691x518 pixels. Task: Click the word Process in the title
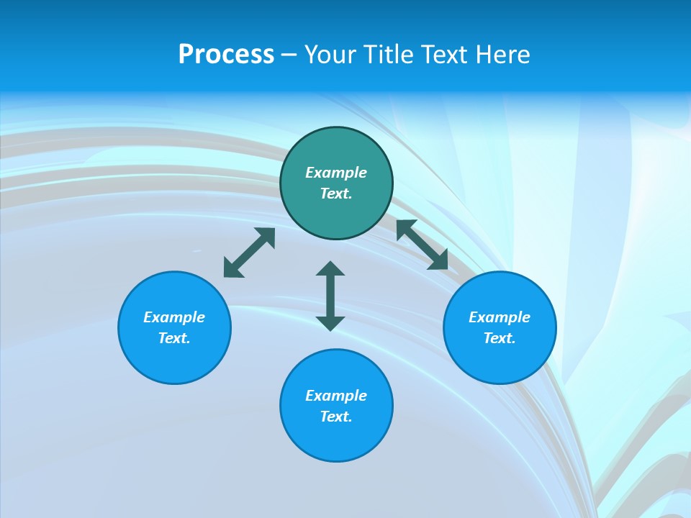[226, 55]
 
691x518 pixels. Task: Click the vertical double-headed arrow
[330, 296]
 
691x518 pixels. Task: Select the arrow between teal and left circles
[249, 253]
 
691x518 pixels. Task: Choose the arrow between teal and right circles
[423, 245]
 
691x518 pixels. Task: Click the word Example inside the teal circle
[336, 173]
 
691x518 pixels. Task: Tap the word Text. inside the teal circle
[336, 194]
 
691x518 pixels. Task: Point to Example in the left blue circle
[174, 317]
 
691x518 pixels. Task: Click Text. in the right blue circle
[500, 338]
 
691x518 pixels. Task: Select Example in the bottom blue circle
[336, 396]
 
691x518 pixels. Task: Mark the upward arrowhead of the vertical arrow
[330, 268]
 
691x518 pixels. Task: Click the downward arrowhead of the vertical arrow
[330, 323]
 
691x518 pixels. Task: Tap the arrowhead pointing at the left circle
[232, 269]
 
